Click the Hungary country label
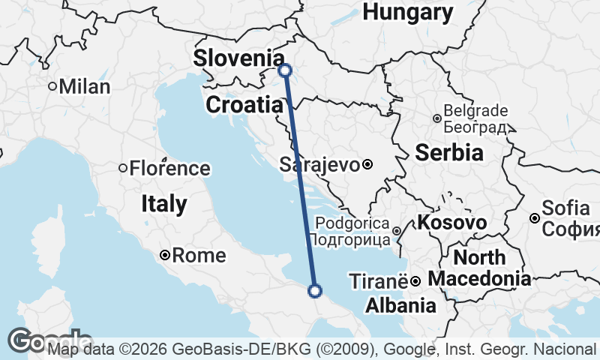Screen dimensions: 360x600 coord(408,12)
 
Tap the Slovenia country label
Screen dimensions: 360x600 coord(239,58)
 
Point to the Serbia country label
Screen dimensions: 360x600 coord(448,152)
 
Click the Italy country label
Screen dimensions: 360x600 coord(163,203)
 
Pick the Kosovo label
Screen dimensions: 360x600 coord(452,223)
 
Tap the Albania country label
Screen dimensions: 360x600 coord(400,305)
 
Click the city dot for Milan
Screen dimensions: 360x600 coord(52,86)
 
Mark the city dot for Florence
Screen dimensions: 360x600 coord(123,168)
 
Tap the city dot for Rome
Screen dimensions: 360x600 coord(165,256)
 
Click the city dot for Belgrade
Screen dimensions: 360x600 coord(437,118)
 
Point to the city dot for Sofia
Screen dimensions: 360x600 coord(534,218)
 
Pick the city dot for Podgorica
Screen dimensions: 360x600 coord(397,229)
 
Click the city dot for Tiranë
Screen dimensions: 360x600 coord(414,281)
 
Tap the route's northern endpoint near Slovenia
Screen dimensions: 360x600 coord(284,70)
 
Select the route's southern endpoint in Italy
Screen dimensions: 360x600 coord(315,290)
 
